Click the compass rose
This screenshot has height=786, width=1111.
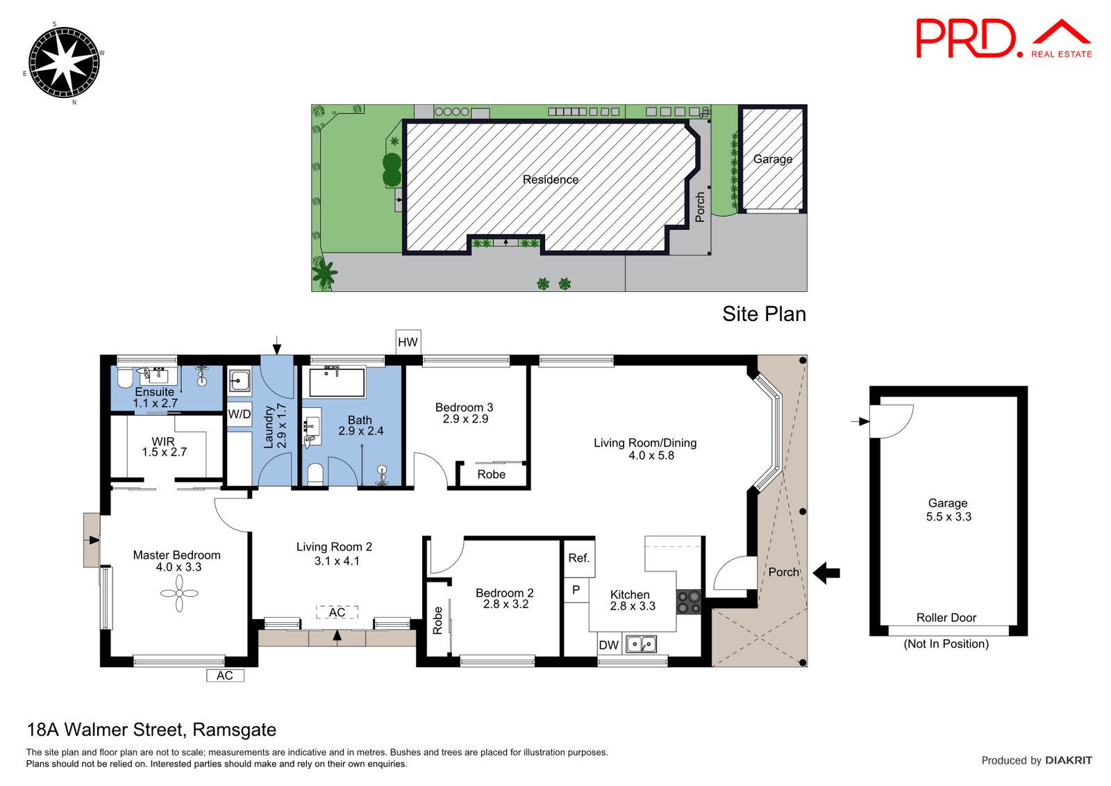point(63,63)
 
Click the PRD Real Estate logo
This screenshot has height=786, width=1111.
point(1003,39)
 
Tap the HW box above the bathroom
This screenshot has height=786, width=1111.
point(408,342)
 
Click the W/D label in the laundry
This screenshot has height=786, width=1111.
point(240,414)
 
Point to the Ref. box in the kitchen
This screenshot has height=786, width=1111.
point(578,558)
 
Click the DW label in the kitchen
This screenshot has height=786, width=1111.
point(608,645)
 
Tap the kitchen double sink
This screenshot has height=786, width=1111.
point(641,644)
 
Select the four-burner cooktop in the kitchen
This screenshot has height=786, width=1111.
point(689,602)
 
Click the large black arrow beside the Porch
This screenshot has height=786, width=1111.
point(826,573)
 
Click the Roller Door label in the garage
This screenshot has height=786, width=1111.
point(946,618)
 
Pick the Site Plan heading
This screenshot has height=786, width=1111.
point(764,314)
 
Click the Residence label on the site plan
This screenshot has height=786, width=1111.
point(550,179)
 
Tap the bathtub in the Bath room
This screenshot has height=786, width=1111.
point(337,382)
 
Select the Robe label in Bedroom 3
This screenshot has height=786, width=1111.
point(491,475)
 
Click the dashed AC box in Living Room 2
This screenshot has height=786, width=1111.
point(337,612)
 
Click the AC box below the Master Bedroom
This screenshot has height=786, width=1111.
point(225,676)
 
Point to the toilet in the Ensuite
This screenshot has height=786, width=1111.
point(125,379)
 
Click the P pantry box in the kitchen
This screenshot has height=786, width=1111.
point(576,590)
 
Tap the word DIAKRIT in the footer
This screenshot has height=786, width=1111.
point(1068,760)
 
